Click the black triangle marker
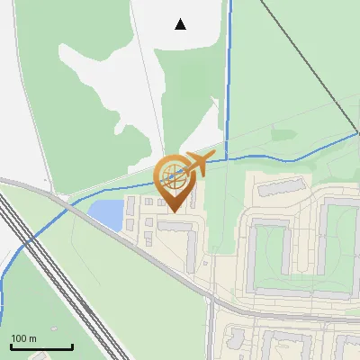181,24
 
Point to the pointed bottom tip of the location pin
172,211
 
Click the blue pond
105,214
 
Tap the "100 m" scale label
24,338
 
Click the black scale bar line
41,346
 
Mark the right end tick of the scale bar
72,345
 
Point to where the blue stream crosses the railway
24,241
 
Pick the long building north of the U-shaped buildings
279,187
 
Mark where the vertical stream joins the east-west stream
227,157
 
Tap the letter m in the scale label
32,338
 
